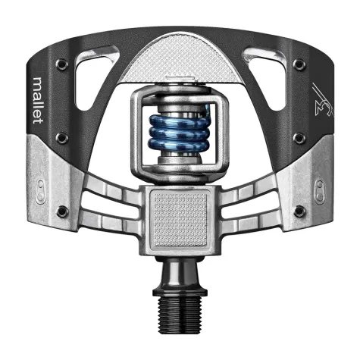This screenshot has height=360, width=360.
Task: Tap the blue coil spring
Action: click(x=180, y=134)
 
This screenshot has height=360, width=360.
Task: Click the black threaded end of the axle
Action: click(x=180, y=318)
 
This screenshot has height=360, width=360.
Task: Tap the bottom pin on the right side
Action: click(x=299, y=210)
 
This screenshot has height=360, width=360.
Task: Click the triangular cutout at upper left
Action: click(x=106, y=64)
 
